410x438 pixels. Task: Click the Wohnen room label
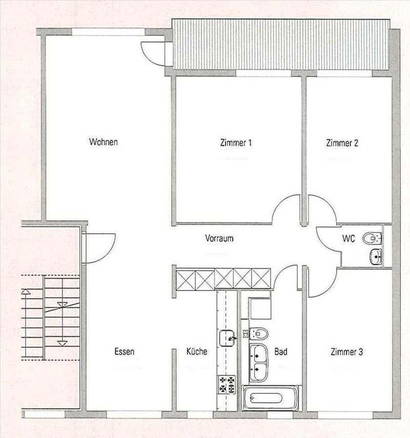tap(104, 142)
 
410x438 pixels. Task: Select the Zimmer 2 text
tap(342, 143)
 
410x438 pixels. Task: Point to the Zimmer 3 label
tap(347, 352)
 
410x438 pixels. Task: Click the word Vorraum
tap(219, 238)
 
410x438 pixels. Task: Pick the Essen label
tap(125, 352)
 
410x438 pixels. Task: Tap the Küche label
tap(197, 352)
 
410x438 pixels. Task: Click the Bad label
tap(280, 352)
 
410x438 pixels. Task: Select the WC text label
tap(349, 238)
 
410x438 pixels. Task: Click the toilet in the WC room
tap(372, 238)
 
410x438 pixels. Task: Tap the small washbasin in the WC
tap(375, 256)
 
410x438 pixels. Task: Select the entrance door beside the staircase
tap(97, 248)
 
